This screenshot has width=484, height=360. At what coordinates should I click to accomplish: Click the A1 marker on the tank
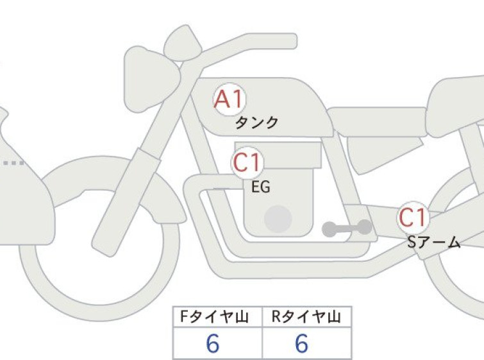pyautogui.click(x=229, y=99)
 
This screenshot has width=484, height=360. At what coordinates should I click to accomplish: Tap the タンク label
pyautogui.click(x=257, y=123)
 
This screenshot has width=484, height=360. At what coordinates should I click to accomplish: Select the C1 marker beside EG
pyautogui.click(x=247, y=163)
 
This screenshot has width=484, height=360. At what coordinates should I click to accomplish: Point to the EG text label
pyautogui.click(x=261, y=187)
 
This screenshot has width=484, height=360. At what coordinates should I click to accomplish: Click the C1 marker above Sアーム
pyautogui.click(x=413, y=218)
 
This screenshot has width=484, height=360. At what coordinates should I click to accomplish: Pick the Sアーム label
pyautogui.click(x=434, y=243)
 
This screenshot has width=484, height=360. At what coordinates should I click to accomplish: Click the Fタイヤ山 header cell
pyautogui.click(x=217, y=317)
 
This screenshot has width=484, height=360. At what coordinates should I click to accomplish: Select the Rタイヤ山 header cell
pyautogui.click(x=307, y=317)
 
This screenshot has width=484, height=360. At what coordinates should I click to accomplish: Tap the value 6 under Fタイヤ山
pyautogui.click(x=213, y=343)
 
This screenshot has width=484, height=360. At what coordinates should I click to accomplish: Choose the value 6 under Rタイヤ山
pyautogui.click(x=301, y=343)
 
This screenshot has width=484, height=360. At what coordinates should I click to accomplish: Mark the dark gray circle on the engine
pyautogui.click(x=278, y=219)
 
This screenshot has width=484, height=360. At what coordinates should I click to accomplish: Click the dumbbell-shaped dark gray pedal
pyautogui.click(x=347, y=228)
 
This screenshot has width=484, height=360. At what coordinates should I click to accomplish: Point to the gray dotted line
pyautogui.click(x=13, y=163)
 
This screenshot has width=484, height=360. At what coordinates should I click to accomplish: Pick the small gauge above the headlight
pyautogui.click(x=183, y=43)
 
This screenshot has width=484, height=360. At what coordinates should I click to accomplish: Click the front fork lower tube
pyautogui.click(x=126, y=202)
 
